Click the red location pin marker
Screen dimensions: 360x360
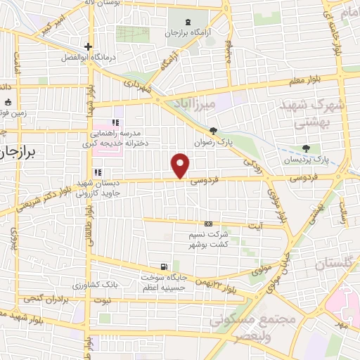coord(181,166)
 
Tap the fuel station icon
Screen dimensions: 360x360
coord(163,266)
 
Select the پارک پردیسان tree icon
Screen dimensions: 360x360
coord(305,148)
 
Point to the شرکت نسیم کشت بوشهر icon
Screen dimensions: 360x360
coord(207,223)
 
